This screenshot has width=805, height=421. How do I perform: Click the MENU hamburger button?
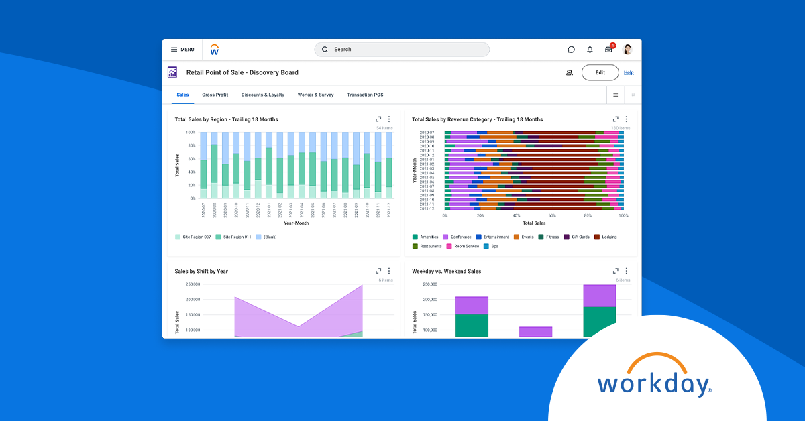182,50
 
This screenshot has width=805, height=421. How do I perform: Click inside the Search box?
402,50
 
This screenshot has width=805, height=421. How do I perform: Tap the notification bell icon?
590,50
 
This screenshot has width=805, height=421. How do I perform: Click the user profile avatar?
628,50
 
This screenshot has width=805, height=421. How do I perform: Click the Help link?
629,72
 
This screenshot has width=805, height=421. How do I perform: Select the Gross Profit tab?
215,95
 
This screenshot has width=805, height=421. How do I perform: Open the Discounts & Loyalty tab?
263,95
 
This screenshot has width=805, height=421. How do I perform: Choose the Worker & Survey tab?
316,95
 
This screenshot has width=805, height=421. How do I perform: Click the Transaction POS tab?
365,95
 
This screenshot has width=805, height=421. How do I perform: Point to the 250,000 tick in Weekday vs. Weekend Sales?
429,284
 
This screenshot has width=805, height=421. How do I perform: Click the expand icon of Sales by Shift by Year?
378,272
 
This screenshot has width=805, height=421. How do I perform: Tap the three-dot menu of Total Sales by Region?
389,119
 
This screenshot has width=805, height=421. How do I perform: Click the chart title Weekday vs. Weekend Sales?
446,272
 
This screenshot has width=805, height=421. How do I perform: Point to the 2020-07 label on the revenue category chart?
427,133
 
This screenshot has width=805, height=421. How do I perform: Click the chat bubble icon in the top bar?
571,50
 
